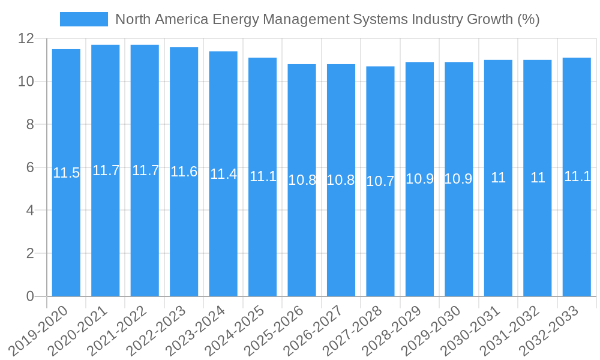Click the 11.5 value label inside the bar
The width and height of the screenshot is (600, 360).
66,173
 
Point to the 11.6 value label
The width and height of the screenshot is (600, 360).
184,172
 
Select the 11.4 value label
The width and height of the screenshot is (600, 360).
223,175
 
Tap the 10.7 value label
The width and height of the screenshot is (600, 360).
380,181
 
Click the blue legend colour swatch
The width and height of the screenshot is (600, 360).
84,19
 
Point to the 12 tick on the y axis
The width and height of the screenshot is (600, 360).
26,39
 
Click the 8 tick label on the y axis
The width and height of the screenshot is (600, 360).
30,125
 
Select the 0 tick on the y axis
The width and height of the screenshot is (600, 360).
30,296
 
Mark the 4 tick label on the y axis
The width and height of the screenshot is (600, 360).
30,211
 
